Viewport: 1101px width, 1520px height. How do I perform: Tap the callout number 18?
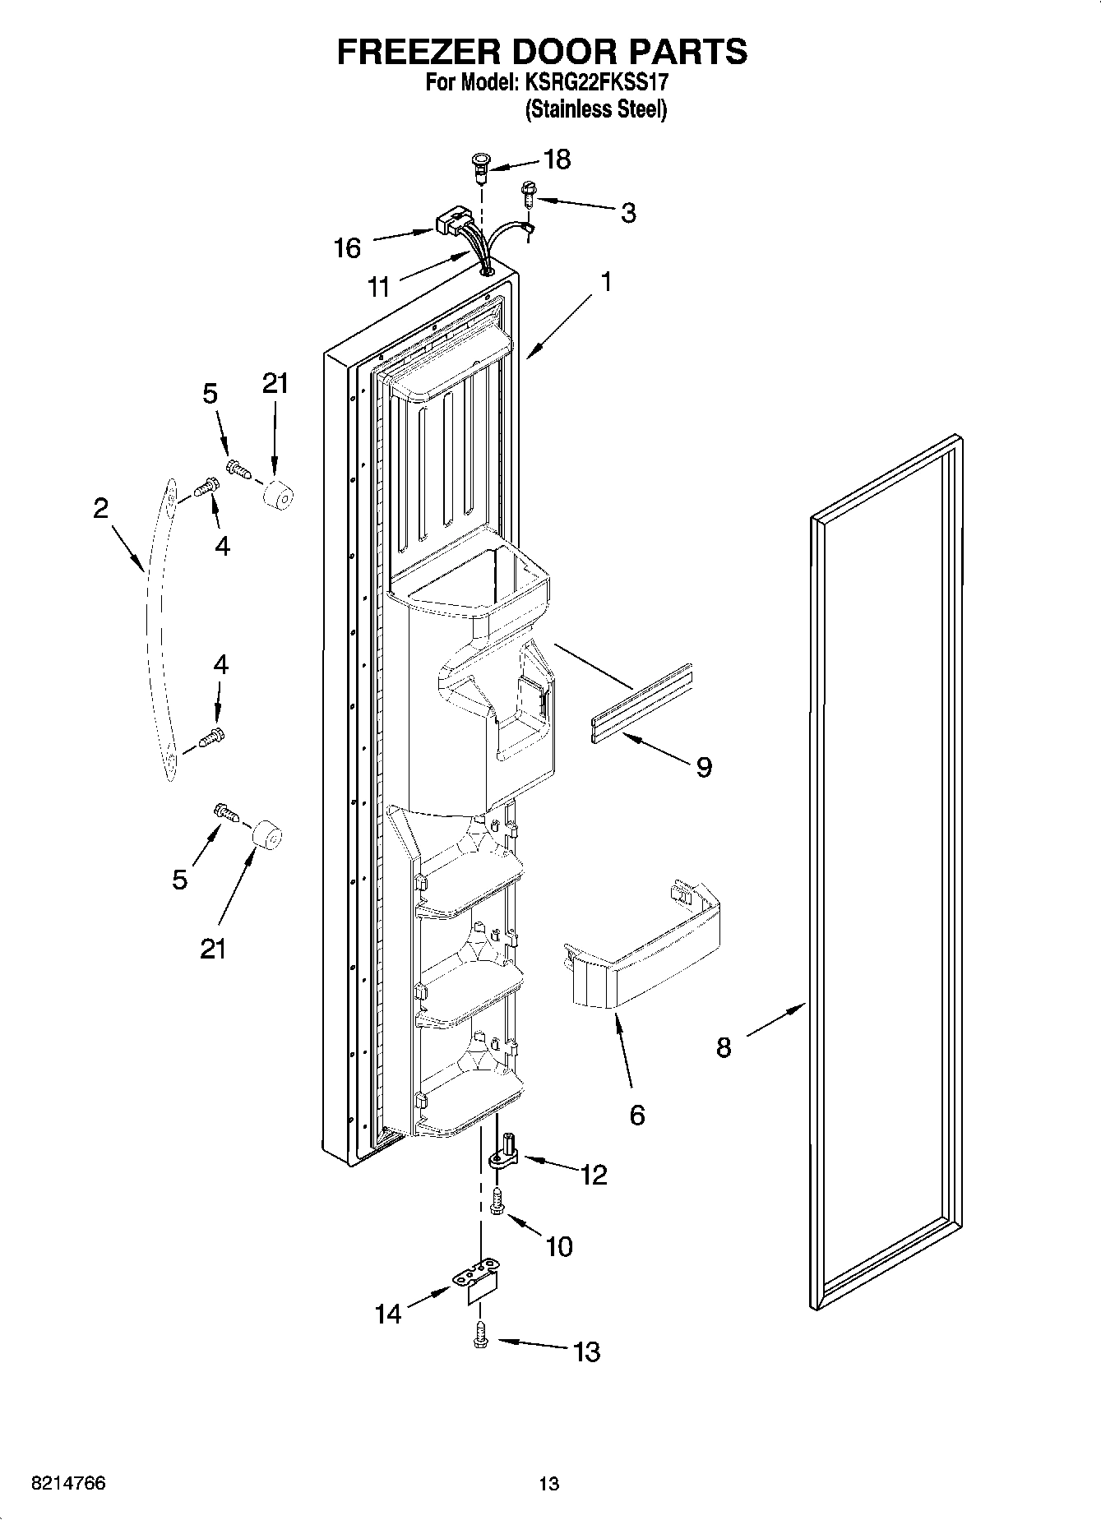click(557, 159)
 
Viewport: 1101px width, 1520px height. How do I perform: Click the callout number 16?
click(347, 247)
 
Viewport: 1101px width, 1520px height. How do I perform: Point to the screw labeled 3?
click(527, 193)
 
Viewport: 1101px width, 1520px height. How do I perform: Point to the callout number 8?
click(723, 1047)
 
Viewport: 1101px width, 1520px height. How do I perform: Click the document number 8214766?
click(67, 1483)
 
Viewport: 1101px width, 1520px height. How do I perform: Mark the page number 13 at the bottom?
click(548, 1484)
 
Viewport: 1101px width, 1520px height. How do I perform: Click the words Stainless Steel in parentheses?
click(595, 109)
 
